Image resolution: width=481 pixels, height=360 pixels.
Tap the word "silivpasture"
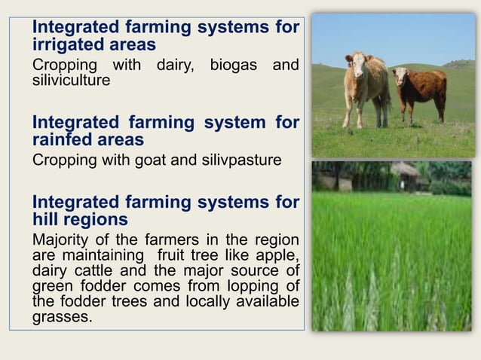click(x=230, y=160)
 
